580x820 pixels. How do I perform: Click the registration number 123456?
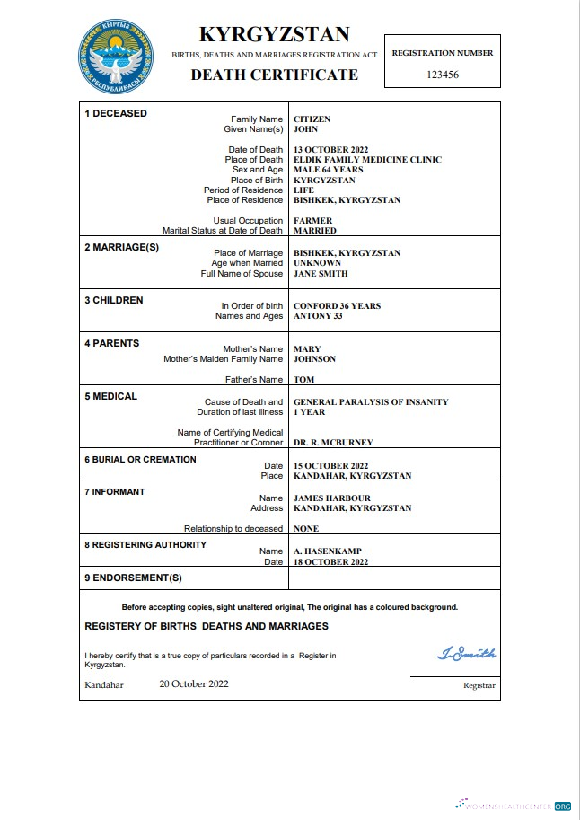coord(442,75)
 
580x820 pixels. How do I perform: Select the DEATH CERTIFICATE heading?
coord(274,75)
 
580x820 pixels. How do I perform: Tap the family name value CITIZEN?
coord(312,119)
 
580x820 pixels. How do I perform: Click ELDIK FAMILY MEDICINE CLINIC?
coord(367,160)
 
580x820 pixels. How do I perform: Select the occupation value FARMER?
coord(312,221)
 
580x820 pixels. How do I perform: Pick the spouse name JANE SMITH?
coord(321,274)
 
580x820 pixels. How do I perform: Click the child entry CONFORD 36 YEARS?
coord(337,306)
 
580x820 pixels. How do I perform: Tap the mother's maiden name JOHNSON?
coord(314,359)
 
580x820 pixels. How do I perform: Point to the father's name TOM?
coord(303,380)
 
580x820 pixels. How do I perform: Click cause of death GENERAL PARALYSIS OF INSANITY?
coord(371,402)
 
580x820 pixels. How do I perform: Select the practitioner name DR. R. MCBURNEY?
coord(333,443)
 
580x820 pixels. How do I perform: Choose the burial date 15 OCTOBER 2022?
coord(330,466)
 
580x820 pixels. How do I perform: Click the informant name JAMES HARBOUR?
coord(331,498)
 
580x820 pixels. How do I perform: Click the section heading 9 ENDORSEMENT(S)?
coord(133,578)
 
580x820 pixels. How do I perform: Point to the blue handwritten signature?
coord(466,654)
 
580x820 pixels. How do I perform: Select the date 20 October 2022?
coord(194,683)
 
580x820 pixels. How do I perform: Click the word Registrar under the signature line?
coord(479,685)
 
